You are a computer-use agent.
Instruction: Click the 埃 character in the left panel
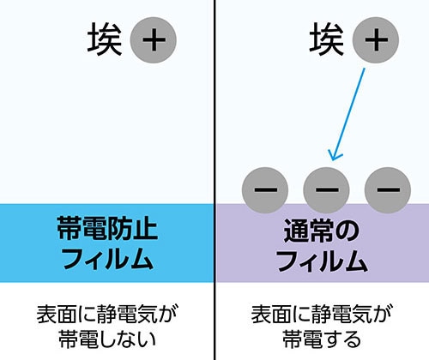tap(105, 39)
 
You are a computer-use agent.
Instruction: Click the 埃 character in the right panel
tap(327, 39)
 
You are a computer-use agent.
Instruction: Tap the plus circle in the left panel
tap(154, 40)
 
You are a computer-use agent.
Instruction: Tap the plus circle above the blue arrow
tap(376, 40)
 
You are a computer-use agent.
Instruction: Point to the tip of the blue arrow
tap(332, 160)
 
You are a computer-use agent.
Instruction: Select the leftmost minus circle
tap(265, 190)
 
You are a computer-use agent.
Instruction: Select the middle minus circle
tap(326, 190)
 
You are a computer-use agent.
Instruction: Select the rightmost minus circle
tap(388, 190)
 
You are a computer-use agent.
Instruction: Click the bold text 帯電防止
tap(107, 228)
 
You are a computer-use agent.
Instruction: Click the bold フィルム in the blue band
tap(107, 259)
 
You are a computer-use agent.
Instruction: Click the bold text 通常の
tap(322, 231)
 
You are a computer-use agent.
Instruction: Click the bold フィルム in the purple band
tap(322, 261)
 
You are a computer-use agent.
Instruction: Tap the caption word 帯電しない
tap(107, 339)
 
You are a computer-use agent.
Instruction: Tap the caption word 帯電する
tap(322, 339)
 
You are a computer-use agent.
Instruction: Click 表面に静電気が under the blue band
tap(107, 315)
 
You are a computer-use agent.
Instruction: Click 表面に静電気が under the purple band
tap(322, 315)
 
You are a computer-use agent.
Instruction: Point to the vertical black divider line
tap(214, 180)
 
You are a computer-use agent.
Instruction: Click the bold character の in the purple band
tap(347, 231)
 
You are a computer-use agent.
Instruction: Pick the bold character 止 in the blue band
tap(145, 228)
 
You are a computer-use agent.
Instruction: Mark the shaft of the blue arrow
tap(348, 114)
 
